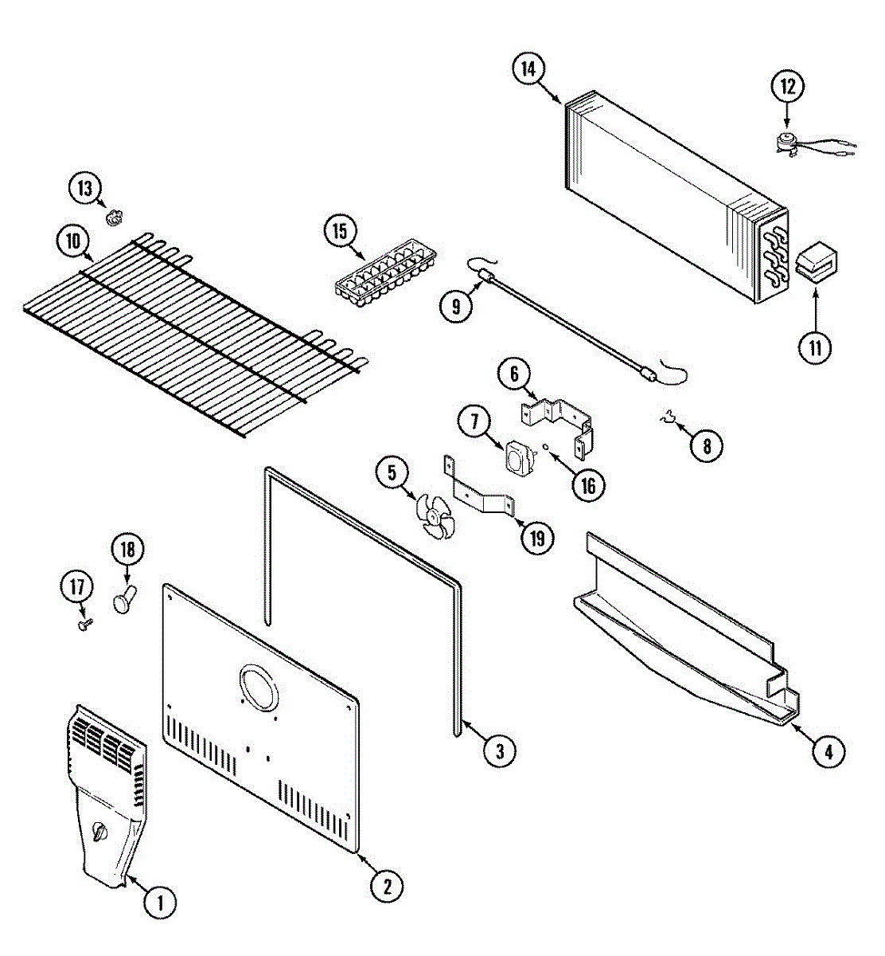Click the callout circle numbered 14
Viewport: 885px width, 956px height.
[x=528, y=69]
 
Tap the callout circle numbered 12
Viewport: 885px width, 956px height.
[x=787, y=87]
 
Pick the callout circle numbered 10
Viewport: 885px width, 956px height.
[x=73, y=241]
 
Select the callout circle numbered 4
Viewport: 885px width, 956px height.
[x=828, y=750]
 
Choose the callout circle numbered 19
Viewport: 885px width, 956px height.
[x=537, y=538]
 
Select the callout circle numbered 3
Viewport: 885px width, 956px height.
[x=499, y=750]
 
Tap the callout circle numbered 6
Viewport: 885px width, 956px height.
[x=514, y=373]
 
